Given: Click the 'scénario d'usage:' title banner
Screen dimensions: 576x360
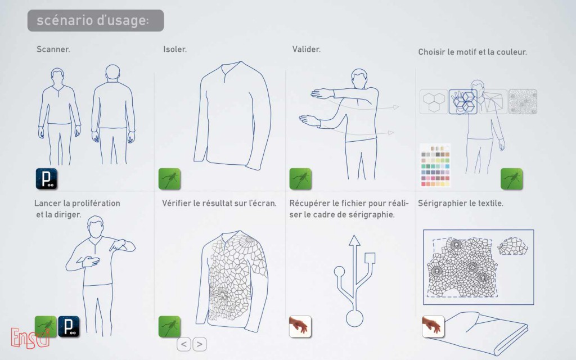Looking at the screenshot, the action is pyautogui.click(x=96, y=21).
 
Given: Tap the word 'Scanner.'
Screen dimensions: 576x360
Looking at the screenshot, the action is pyautogui.click(x=53, y=49).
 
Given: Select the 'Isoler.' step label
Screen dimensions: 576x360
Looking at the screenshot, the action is pyautogui.click(x=175, y=49).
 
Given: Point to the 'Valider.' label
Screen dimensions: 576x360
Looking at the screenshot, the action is pyautogui.click(x=307, y=49).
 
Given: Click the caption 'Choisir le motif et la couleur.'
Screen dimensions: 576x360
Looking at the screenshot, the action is pyautogui.click(x=472, y=52).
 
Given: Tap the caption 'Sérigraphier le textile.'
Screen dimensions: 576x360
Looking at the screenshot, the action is pyautogui.click(x=461, y=203).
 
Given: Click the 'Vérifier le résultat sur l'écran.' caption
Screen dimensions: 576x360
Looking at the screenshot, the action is pyautogui.click(x=219, y=203).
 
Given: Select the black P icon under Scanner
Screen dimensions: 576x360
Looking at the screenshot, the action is pyautogui.click(x=47, y=179).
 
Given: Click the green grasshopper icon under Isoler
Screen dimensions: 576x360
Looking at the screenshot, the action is pyautogui.click(x=169, y=179).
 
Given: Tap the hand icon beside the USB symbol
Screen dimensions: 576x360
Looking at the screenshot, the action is pyautogui.click(x=300, y=327).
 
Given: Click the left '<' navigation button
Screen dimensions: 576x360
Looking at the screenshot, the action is pyautogui.click(x=184, y=344).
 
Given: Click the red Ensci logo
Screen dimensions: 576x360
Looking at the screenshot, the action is pyautogui.click(x=30, y=338).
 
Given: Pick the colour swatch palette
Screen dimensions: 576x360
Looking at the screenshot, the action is pyautogui.click(x=435, y=165).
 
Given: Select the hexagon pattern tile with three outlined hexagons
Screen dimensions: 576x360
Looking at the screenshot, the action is pyautogui.click(x=434, y=102).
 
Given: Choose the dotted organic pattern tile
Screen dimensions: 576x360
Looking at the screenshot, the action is pyautogui.click(x=523, y=102).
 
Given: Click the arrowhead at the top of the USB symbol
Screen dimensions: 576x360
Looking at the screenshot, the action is pyautogui.click(x=354, y=240).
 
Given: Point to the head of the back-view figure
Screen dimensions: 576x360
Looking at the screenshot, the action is pyautogui.click(x=112, y=73).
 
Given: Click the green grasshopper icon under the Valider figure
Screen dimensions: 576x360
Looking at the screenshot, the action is pyautogui.click(x=300, y=179).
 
